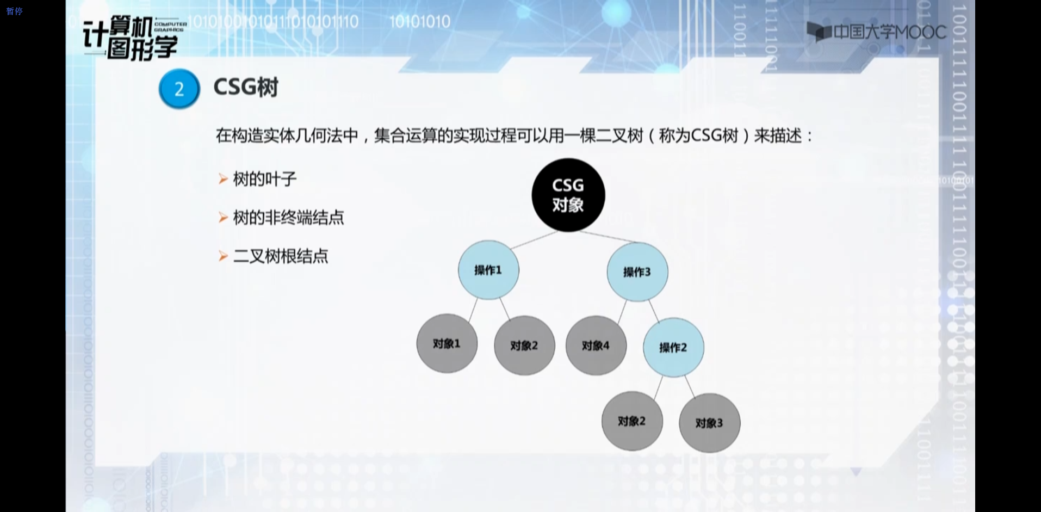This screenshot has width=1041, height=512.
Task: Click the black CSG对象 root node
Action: point(568,195)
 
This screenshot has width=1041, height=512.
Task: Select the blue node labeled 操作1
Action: point(488,270)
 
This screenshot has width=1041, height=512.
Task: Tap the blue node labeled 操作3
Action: point(637,272)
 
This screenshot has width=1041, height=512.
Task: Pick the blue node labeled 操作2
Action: point(673,347)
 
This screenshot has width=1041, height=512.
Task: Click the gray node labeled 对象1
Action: point(447,343)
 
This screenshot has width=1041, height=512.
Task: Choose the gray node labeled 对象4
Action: point(596,346)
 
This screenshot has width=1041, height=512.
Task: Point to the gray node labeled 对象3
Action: point(709,423)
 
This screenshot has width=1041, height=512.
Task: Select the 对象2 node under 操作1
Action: point(524,346)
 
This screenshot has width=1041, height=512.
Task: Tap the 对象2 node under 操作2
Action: point(631,421)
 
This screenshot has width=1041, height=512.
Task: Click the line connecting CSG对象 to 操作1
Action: point(533,240)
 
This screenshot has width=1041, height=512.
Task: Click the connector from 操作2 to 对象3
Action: point(690,386)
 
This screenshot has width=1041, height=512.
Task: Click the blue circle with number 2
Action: point(179,89)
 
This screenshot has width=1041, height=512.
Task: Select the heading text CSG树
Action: point(246,87)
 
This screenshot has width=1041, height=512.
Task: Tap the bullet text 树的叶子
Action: point(265,179)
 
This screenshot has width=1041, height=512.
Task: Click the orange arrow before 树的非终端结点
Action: point(223,218)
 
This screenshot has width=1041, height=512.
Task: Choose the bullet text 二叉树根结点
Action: point(281,256)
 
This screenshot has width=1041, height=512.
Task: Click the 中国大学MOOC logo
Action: point(877,32)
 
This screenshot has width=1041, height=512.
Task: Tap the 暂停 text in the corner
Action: point(15,11)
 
